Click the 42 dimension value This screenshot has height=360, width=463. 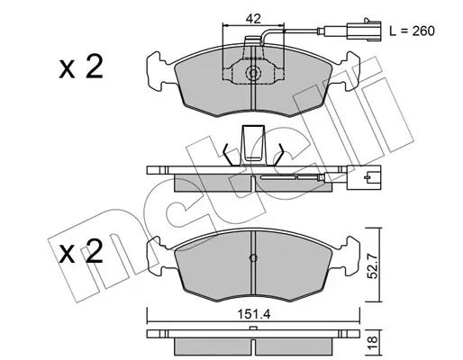(x=253, y=19)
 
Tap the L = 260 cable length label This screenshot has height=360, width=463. (x=412, y=31)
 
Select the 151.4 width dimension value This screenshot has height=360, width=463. (x=254, y=314)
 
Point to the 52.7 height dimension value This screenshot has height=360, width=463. (x=373, y=265)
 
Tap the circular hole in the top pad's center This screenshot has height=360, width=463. (x=253, y=73)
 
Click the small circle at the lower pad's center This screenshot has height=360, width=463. (x=253, y=258)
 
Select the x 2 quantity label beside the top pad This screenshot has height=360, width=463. (x=81, y=67)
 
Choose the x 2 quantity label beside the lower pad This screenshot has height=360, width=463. (x=81, y=251)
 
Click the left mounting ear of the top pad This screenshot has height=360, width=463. (x=159, y=71)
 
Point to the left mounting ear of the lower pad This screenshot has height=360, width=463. (x=159, y=256)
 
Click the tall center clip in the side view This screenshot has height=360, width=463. (x=254, y=145)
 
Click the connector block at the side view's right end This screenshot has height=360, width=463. (x=364, y=177)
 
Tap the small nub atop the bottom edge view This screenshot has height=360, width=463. (x=253, y=328)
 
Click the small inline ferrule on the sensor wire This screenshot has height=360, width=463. (x=321, y=31)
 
